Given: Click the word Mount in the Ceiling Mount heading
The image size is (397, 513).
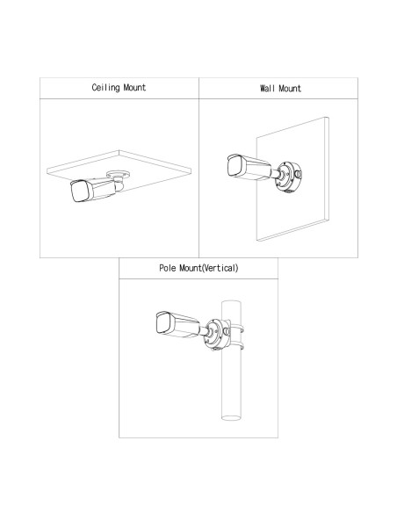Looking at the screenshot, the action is pyautogui.click(x=134, y=87).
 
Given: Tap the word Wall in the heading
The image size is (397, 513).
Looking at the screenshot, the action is pyautogui.click(x=267, y=89).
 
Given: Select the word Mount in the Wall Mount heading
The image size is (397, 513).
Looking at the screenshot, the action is pyautogui.click(x=290, y=89).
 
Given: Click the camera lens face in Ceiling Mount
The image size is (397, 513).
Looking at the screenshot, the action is pyautogui.click(x=79, y=191).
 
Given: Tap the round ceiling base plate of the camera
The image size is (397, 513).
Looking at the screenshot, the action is pyautogui.click(x=118, y=174).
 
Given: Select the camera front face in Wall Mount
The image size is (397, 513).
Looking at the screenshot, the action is pyautogui.click(x=235, y=166).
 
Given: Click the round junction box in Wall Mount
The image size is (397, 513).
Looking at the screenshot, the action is pyautogui.click(x=288, y=176).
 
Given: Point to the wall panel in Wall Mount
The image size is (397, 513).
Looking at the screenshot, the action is pyautogui.click(x=292, y=179).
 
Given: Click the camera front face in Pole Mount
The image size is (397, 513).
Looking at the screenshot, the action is pyautogui.click(x=163, y=322).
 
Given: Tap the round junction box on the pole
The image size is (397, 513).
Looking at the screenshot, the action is pyautogui.click(x=216, y=334).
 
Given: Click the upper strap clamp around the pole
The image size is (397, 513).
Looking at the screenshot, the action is pyautogui.click(x=236, y=329).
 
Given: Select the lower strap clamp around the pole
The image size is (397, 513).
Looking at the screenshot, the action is pyautogui.click(x=236, y=346).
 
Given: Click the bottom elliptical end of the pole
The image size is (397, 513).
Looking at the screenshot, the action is pyautogui.click(x=231, y=418).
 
